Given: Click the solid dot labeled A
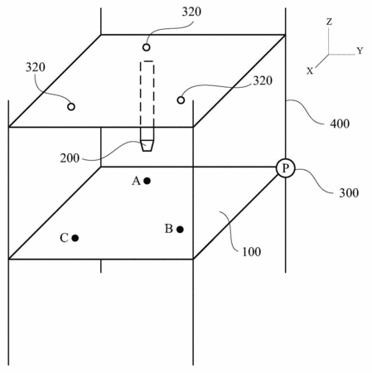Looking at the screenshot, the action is (147, 181).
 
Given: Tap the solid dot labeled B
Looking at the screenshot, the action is (180, 230).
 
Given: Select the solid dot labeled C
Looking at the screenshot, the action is (75, 238).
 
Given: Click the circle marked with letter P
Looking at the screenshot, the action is (285, 168).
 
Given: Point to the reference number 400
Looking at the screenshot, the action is (340, 124).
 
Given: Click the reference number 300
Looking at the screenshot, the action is (349, 192).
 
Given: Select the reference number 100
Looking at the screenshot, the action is (251, 252).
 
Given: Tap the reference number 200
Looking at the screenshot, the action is (70, 158).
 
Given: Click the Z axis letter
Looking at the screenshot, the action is (329, 22).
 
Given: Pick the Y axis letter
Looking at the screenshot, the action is (360, 51).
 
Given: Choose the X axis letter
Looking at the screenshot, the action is (310, 71).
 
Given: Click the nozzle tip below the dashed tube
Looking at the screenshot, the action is (147, 146).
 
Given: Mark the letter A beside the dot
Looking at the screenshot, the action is (136, 181).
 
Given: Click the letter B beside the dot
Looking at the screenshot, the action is (169, 229).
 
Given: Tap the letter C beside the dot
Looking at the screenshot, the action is (64, 238).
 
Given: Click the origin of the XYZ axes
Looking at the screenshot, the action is (329, 55).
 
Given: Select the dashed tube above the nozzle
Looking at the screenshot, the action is (147, 101).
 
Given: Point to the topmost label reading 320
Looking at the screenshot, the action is (191, 12).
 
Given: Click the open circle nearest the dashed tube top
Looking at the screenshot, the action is (147, 47).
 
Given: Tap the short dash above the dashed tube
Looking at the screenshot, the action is (148, 61).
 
